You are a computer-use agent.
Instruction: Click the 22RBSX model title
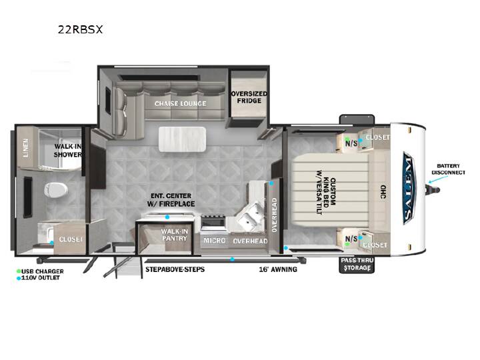[x=80, y=29]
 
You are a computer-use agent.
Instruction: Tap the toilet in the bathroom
[x=56, y=190]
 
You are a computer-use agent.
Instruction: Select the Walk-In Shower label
[x=67, y=151]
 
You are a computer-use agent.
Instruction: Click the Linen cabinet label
[x=26, y=148]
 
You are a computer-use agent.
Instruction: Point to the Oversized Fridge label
[x=249, y=97]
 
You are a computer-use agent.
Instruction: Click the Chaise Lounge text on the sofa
[x=180, y=104]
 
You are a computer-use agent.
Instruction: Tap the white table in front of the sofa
[x=182, y=139]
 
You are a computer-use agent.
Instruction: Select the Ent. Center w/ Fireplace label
[x=171, y=200]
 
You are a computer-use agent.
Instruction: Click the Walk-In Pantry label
[x=175, y=235]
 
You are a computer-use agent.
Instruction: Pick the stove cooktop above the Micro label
[x=213, y=222]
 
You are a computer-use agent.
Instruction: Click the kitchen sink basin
[x=252, y=217]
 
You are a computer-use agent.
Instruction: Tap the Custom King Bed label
[x=326, y=192]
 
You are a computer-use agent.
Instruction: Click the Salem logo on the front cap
[x=409, y=188]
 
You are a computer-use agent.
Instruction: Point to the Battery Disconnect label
[x=449, y=169]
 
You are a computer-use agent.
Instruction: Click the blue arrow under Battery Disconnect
[x=434, y=180]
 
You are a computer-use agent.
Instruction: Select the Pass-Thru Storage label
[x=357, y=264]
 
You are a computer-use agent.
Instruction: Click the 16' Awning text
[x=278, y=269]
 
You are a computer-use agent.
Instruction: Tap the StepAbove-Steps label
[x=175, y=269]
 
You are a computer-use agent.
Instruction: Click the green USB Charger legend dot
[x=19, y=271]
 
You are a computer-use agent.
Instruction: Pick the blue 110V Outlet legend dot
[x=19, y=278]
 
